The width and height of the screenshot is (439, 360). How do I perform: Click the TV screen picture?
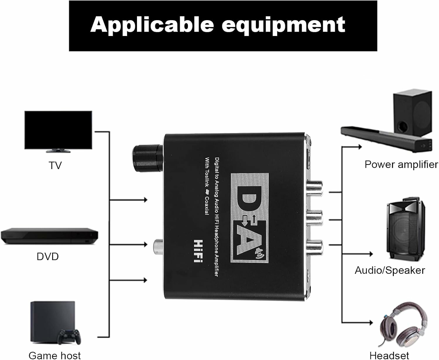point(58,130)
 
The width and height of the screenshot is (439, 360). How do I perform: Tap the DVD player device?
point(49,235)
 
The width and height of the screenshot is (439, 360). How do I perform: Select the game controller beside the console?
point(69,337)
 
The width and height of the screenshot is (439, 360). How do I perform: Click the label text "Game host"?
point(55,355)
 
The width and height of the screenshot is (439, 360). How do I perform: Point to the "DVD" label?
point(48,256)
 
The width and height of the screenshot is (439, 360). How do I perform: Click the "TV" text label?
point(55,166)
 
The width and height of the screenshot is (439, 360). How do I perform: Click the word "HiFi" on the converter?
point(198,251)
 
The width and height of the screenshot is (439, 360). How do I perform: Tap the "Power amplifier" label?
point(401,164)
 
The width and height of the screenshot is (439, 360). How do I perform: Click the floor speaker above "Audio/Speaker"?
point(405,230)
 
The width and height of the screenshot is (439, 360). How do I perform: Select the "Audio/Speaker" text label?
point(390,270)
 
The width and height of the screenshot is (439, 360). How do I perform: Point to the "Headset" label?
point(389,355)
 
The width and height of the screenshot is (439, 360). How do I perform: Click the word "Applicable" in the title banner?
point(152,25)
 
